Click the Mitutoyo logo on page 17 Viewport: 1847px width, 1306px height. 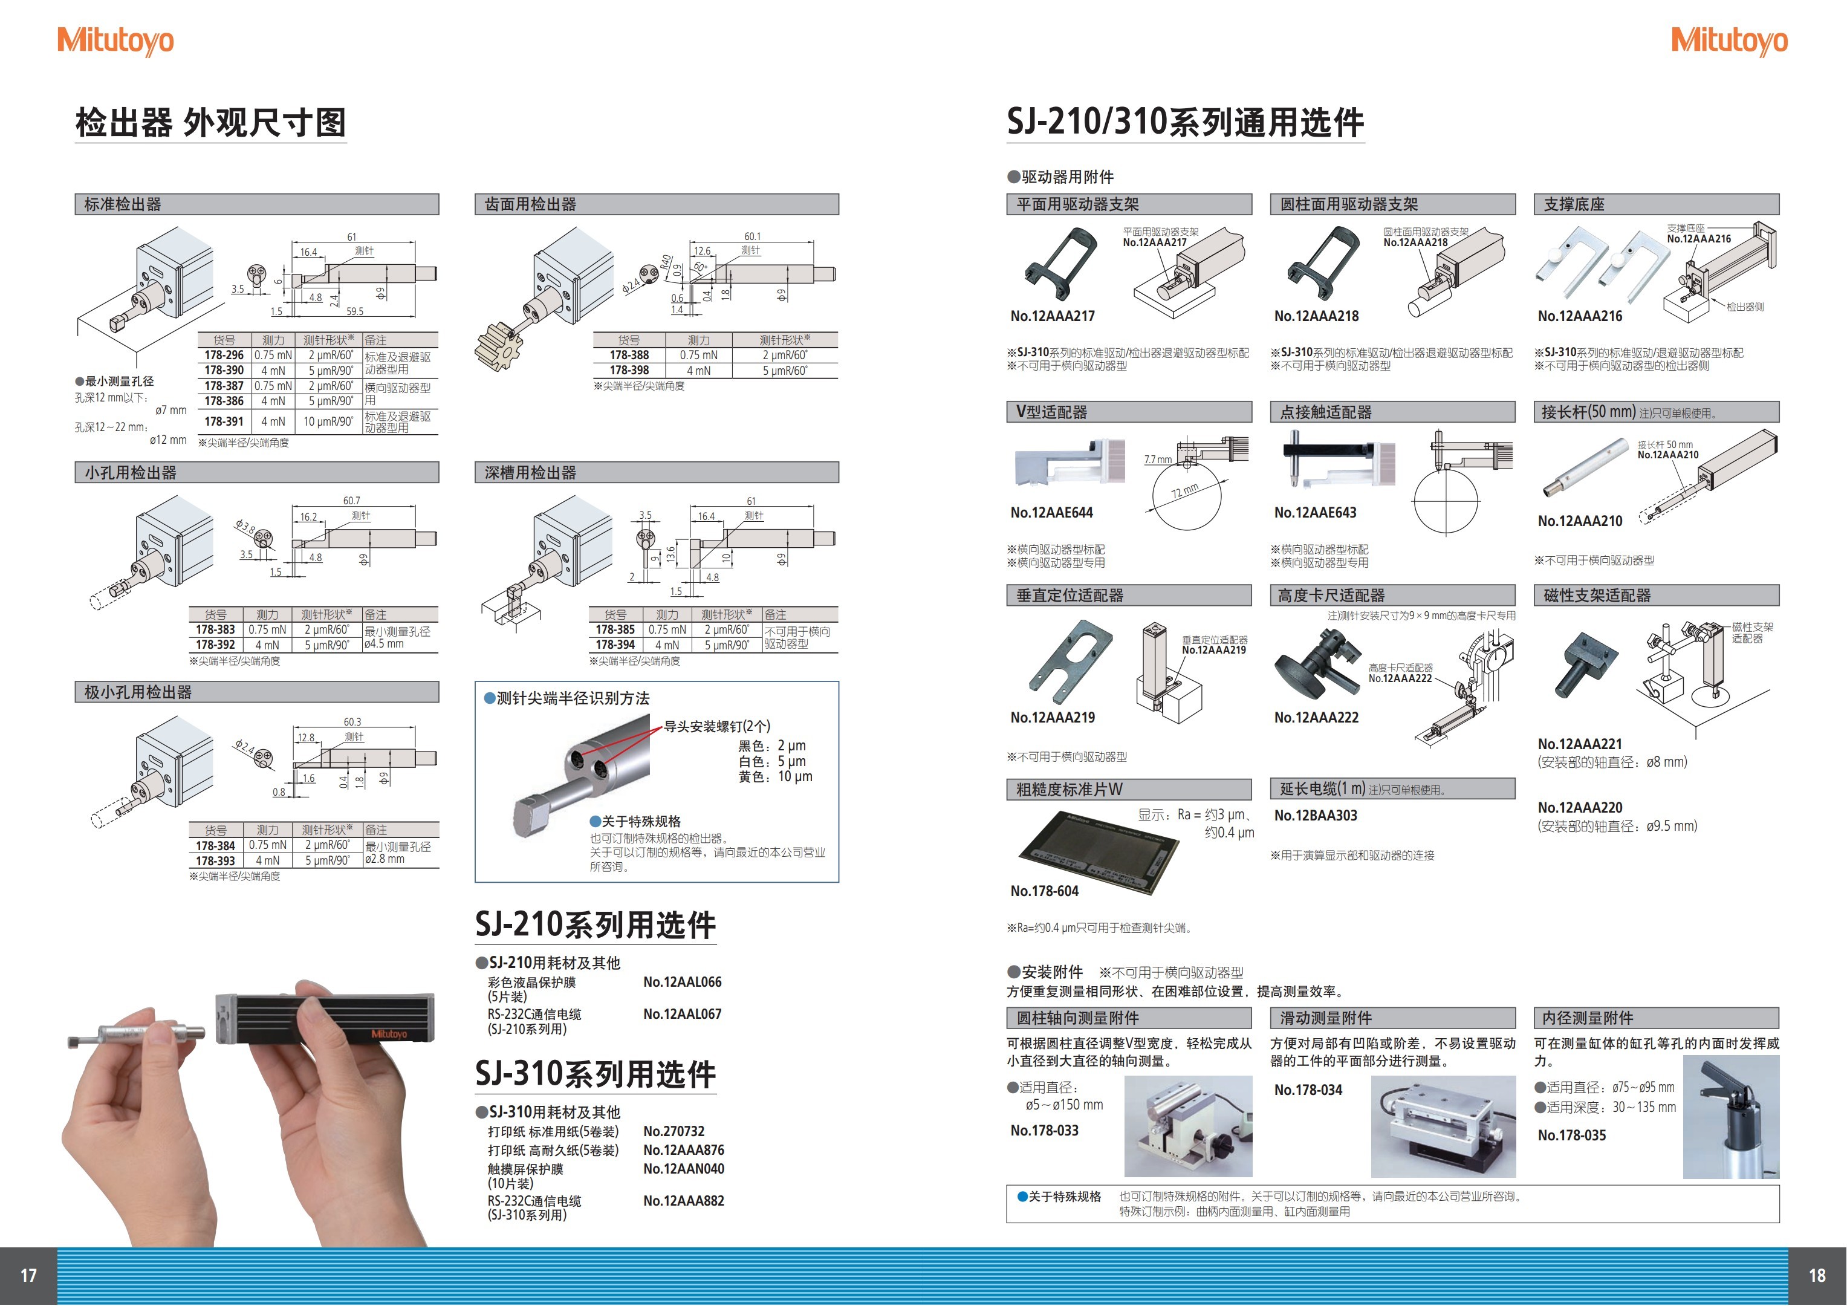click(x=115, y=41)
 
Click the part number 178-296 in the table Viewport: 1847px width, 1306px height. click(x=224, y=355)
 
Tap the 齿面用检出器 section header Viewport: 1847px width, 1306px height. click(x=530, y=204)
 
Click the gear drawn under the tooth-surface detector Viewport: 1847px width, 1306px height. click(x=499, y=346)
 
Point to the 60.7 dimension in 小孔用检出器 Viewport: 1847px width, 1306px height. click(x=351, y=501)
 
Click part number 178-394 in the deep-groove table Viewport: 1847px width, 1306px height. click(x=615, y=645)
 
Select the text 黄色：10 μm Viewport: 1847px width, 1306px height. click(x=774, y=776)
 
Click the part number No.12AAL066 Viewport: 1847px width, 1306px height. click(x=682, y=982)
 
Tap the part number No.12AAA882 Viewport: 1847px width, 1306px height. click(x=683, y=1201)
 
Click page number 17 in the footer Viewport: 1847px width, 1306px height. click(x=28, y=1275)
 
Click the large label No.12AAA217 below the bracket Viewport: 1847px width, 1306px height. click(x=1052, y=316)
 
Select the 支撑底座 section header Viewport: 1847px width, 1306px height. click(x=1574, y=204)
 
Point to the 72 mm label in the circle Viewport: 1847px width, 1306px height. click(x=1184, y=491)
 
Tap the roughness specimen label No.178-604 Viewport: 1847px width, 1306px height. click(x=1044, y=891)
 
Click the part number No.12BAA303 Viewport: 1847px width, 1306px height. click(x=1315, y=815)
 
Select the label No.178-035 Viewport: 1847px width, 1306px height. click(x=1571, y=1135)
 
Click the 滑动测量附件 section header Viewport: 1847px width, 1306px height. click(x=1326, y=1018)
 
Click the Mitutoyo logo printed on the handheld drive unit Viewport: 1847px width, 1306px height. click(x=389, y=1034)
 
